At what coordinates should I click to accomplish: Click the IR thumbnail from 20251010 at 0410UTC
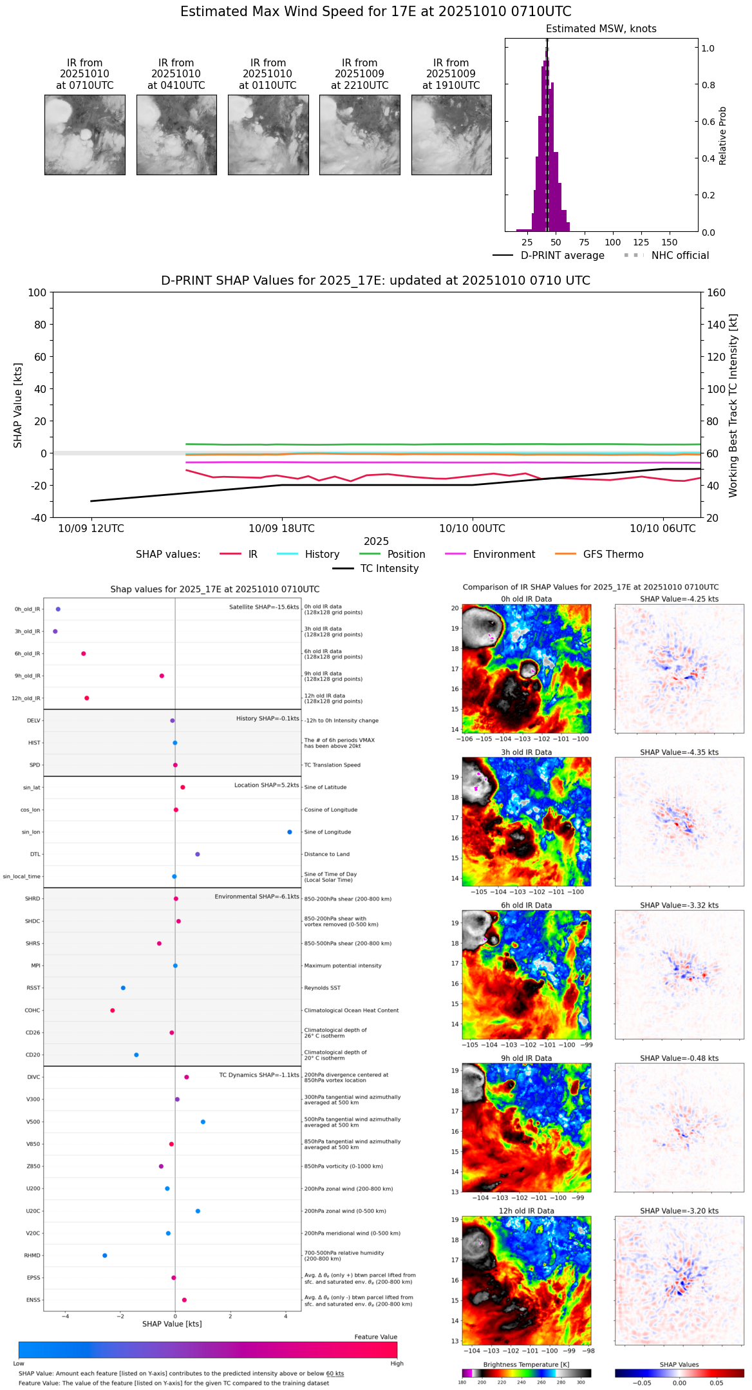point(176,135)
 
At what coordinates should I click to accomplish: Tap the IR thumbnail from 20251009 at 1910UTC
point(451,135)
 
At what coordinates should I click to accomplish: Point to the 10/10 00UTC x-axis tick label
point(472,529)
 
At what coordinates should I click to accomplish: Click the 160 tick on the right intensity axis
point(716,293)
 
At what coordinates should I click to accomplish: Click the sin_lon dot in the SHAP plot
point(290,832)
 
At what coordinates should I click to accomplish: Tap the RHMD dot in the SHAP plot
point(105,1255)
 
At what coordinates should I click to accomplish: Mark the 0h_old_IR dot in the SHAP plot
point(58,609)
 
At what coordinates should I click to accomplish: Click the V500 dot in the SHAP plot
point(203,1122)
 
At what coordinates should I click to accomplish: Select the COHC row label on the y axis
point(32,1011)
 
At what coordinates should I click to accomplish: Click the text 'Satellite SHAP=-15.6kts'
point(264,607)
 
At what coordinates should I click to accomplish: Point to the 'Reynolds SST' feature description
point(322,988)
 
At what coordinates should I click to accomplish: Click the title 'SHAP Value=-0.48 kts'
point(679,1058)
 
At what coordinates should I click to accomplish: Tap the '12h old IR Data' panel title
point(526,1211)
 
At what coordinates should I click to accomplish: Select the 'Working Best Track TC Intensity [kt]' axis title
point(733,406)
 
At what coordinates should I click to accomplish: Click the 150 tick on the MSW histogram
point(670,243)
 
